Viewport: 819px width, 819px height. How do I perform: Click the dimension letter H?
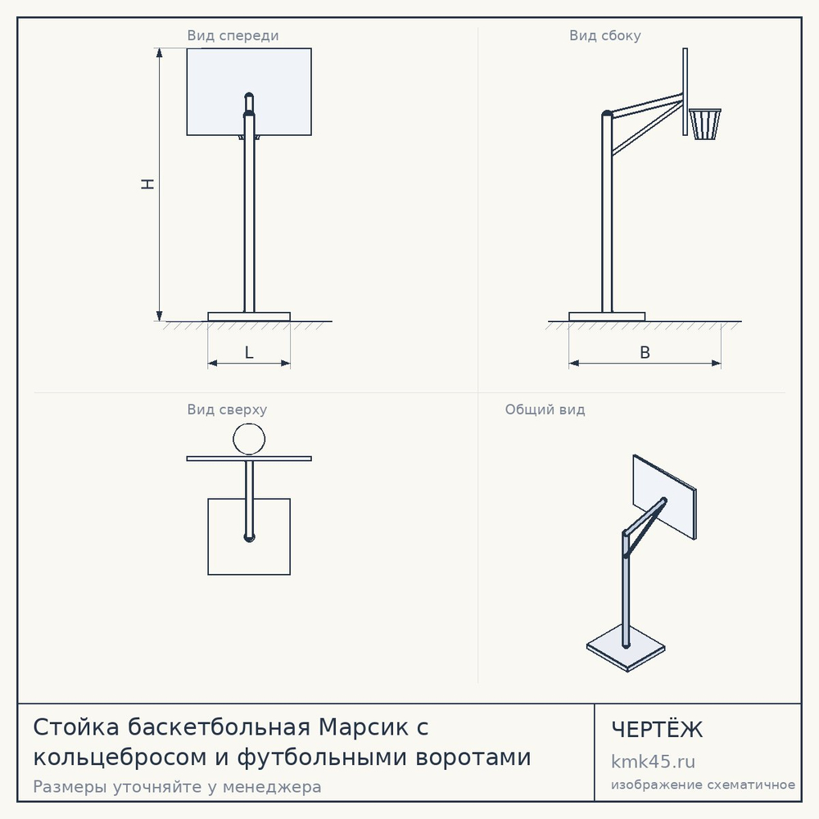(x=148, y=183)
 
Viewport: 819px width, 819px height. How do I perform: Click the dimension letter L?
(x=249, y=353)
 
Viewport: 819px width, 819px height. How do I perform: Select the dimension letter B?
(x=645, y=353)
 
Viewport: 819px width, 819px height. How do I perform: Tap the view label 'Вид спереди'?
(x=233, y=35)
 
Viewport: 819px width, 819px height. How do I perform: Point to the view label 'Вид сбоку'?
(x=605, y=35)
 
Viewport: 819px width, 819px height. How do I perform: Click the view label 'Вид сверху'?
(x=227, y=409)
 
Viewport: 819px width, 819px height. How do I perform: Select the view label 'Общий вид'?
(x=545, y=409)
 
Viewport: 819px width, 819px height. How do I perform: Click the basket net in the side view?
(x=705, y=124)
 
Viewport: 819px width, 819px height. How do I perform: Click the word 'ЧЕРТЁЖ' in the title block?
(x=657, y=729)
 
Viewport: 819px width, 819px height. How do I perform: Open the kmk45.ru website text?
(x=653, y=762)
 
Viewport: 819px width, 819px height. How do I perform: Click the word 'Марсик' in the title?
(x=364, y=727)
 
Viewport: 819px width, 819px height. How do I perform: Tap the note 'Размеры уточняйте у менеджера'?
(x=177, y=786)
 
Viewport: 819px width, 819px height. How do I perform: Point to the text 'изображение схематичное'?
(x=703, y=785)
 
